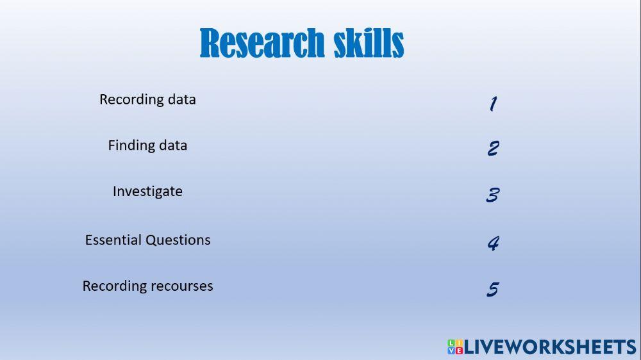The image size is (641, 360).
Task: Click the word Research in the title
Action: point(262,44)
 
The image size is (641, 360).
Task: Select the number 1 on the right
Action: point(493,104)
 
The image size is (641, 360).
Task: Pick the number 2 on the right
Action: point(493,149)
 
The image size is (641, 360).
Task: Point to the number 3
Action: point(492,195)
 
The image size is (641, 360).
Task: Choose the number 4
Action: point(493,243)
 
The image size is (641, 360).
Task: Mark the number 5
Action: point(492,290)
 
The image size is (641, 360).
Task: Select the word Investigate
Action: point(147,192)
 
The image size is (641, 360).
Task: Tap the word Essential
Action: point(113,240)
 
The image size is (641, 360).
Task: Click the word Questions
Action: point(178,240)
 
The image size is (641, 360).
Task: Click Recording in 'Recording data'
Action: point(131,99)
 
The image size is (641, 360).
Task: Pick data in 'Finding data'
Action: point(173,145)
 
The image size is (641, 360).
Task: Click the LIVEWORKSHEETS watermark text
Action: point(550,347)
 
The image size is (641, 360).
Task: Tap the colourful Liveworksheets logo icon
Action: point(454,347)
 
